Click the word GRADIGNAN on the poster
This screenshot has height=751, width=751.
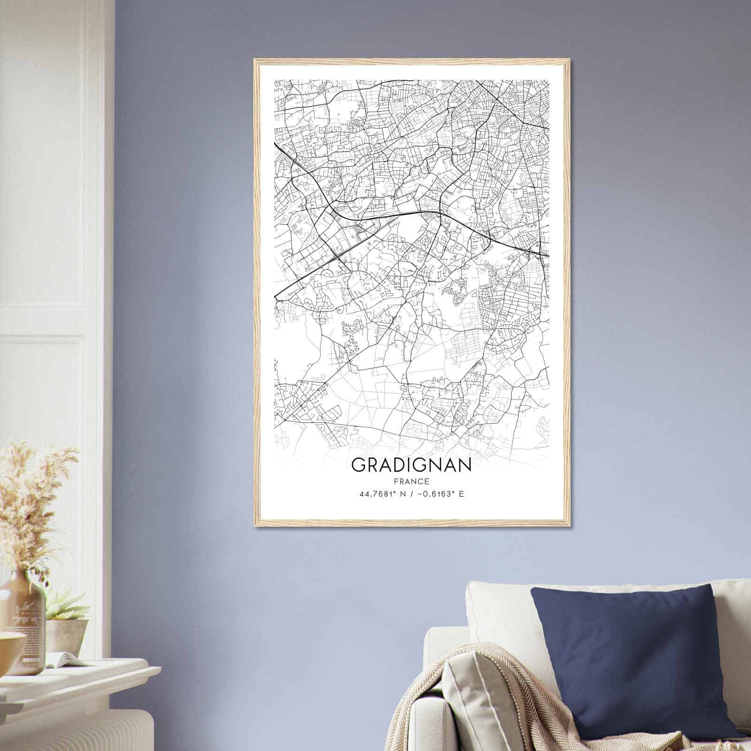pyautogui.click(x=411, y=465)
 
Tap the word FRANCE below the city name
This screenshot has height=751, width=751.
pyautogui.click(x=411, y=481)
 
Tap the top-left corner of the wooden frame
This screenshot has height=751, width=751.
pyautogui.click(x=255, y=60)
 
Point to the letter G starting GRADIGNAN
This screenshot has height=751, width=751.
pyautogui.click(x=358, y=465)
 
